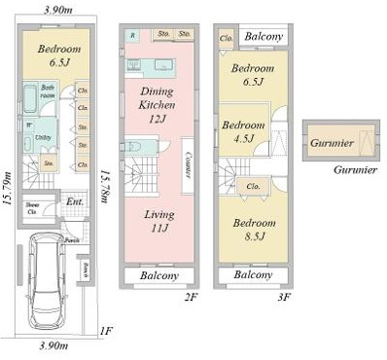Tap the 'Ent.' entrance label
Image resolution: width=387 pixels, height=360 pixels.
(74, 202)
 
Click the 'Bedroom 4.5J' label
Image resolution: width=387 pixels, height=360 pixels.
(241, 132)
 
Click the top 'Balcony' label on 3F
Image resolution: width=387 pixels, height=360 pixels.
(264, 37)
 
